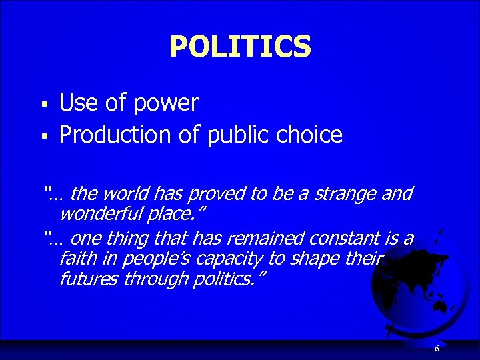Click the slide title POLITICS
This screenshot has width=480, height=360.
point(240,47)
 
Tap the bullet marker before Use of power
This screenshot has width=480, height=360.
point(43,104)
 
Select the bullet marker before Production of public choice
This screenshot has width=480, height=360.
point(43,136)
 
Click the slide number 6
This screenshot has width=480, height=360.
point(437,349)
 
